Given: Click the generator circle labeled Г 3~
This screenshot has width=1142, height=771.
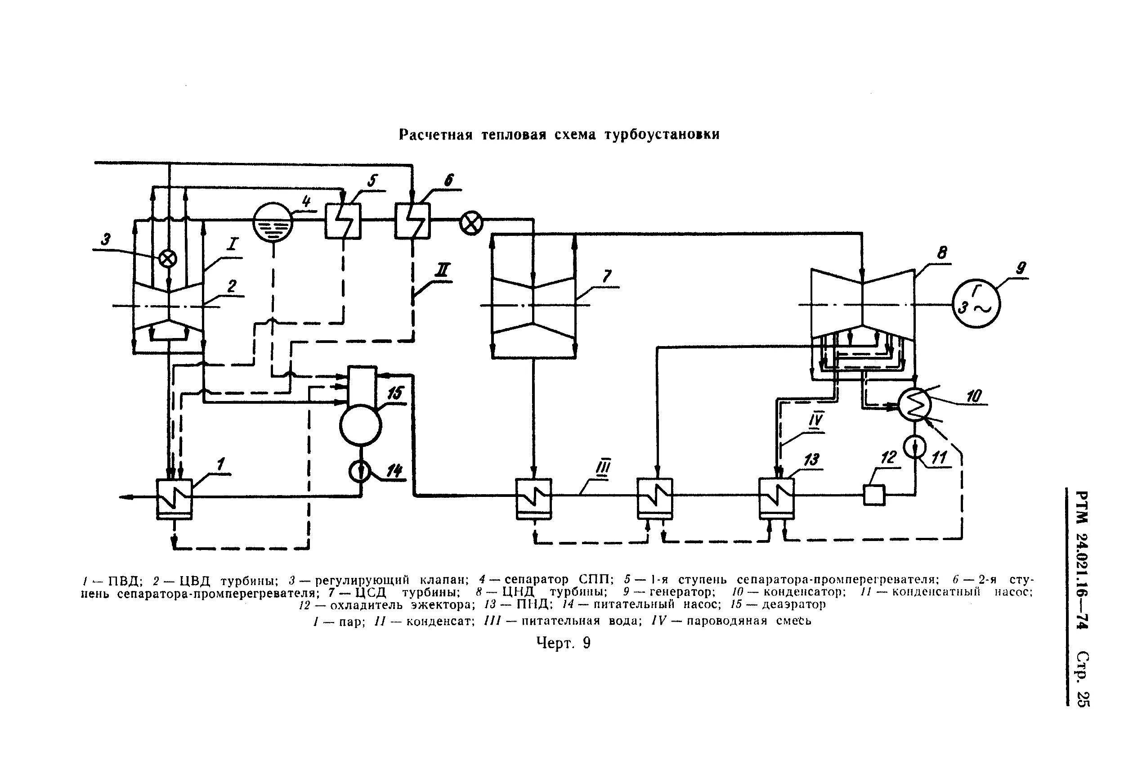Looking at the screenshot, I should point(976,304).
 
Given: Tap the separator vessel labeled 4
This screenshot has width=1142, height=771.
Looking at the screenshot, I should point(273,223).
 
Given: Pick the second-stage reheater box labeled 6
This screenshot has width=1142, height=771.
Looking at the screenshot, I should point(412,221).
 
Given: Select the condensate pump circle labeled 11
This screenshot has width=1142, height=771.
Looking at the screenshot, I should point(914,446).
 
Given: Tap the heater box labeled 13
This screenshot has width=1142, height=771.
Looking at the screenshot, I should point(776,498).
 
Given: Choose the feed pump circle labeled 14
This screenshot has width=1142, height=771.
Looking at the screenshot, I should point(361,472).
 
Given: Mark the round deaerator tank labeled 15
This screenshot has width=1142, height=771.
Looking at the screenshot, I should point(360,424).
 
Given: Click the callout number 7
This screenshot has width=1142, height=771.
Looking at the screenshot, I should point(607,276).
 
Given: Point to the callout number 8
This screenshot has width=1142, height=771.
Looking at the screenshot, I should point(941,253).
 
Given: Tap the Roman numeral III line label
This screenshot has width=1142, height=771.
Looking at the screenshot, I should point(603,468).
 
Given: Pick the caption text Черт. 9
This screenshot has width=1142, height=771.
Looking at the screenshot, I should point(563,643).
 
